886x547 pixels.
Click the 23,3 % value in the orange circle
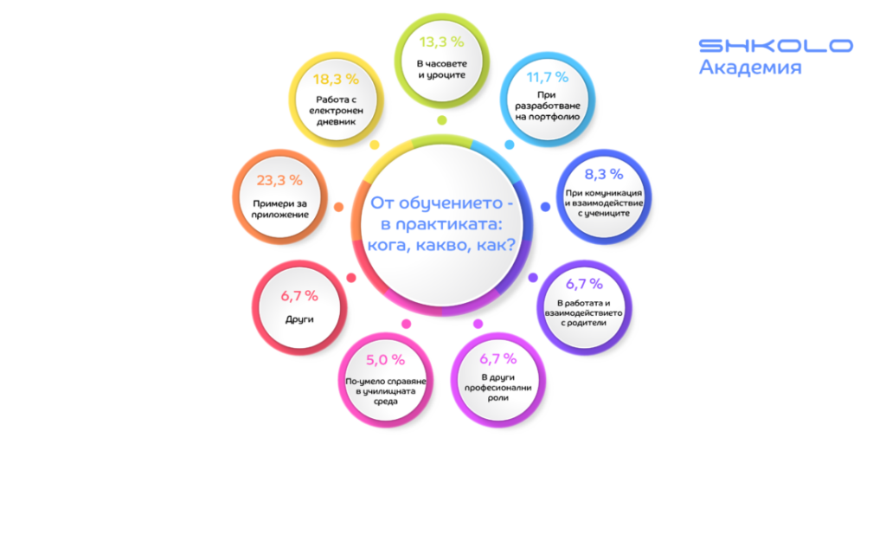pyautogui.click(x=279, y=180)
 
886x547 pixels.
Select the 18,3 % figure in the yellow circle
pyautogui.click(x=337, y=79)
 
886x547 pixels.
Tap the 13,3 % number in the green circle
pyautogui.click(x=442, y=42)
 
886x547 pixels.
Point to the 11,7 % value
pyautogui.click(x=548, y=77)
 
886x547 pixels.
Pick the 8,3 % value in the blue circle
pyautogui.click(x=604, y=174)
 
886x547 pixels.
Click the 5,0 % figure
pyautogui.click(x=385, y=360)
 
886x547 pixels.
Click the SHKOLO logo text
pyautogui.click(x=776, y=45)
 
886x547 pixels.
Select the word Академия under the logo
pyautogui.click(x=750, y=68)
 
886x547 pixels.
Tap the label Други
pyautogui.click(x=299, y=319)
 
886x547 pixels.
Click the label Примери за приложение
pyautogui.click(x=279, y=209)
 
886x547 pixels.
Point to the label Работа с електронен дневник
pyautogui.click(x=337, y=110)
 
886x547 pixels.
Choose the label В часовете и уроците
pyautogui.click(x=442, y=69)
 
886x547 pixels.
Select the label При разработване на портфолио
pyautogui.click(x=548, y=106)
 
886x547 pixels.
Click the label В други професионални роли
pyautogui.click(x=498, y=388)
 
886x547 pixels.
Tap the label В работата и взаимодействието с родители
pyautogui.click(x=584, y=313)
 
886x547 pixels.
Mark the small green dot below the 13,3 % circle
pyautogui.click(x=442, y=119)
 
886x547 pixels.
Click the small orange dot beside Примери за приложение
pyautogui.click(x=338, y=208)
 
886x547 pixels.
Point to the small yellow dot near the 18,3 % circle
pyautogui.click(x=374, y=145)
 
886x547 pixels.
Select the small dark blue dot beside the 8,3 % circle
pyautogui.click(x=545, y=207)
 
